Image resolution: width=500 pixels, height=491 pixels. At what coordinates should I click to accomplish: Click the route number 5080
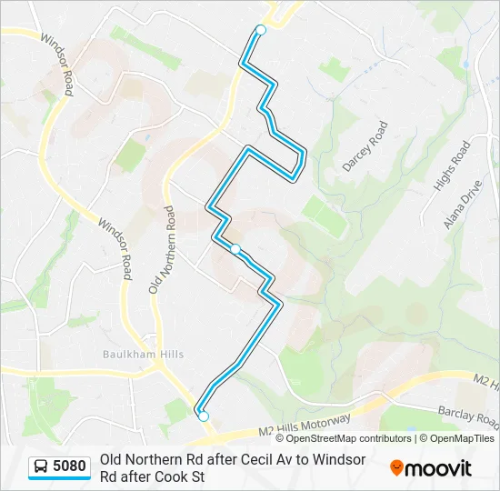[70, 467]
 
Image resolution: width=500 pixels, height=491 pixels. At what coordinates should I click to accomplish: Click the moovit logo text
[439, 468]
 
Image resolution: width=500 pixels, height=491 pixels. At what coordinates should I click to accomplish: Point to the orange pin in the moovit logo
[396, 467]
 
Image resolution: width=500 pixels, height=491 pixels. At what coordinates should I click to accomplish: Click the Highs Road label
[452, 165]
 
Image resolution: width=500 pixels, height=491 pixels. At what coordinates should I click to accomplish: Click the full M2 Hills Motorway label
[305, 425]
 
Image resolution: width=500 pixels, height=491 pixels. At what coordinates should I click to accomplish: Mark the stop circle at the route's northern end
[261, 30]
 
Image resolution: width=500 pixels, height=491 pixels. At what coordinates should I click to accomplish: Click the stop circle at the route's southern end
[204, 416]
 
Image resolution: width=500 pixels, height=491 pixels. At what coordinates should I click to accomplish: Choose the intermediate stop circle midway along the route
[235, 248]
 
